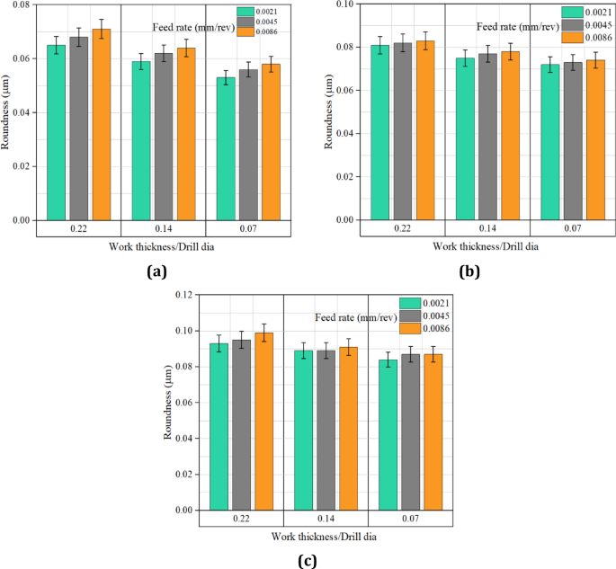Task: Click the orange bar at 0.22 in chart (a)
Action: (x=102, y=125)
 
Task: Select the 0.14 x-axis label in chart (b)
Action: (x=487, y=230)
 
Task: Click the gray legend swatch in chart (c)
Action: (x=411, y=316)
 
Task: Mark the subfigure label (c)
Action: (x=308, y=559)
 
